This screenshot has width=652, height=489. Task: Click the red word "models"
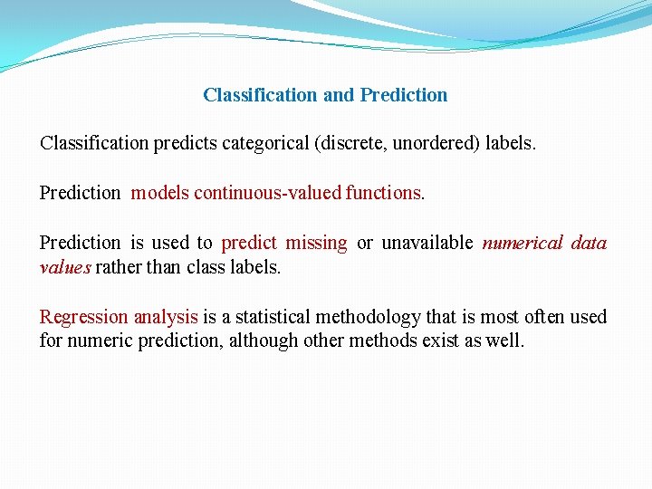(x=159, y=193)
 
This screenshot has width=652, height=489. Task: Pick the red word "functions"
(x=383, y=193)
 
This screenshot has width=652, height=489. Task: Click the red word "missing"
(x=316, y=243)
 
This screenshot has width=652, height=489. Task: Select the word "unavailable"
(x=426, y=243)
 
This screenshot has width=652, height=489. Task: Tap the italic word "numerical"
(x=523, y=243)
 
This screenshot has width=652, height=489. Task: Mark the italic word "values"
(x=65, y=267)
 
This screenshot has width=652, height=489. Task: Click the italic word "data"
(x=589, y=243)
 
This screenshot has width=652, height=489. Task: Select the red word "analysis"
(x=165, y=317)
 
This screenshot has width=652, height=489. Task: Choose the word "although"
(x=264, y=341)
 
